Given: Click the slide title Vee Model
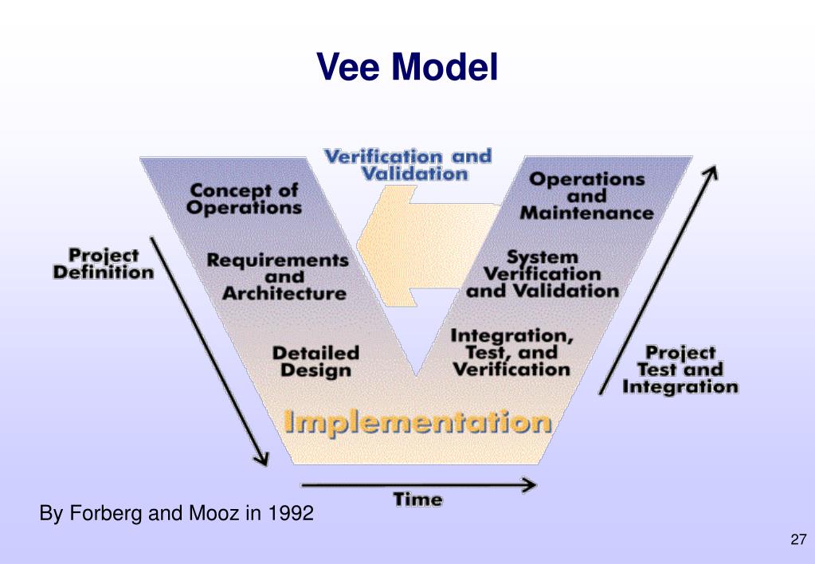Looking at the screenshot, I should coord(407,67).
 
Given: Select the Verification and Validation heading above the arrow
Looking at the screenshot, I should coord(407,164).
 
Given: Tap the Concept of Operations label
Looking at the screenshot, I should coord(244,199).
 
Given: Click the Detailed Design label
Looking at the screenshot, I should coord(315,361).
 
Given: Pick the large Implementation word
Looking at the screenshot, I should coord(417,421).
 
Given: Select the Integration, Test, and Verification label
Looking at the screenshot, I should coord(511,352).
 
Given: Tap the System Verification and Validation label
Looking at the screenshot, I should coord(543,274).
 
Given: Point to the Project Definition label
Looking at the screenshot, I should coord(103,264).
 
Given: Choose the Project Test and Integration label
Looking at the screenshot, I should coord(680,370).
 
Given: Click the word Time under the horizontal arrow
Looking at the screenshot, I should coord(417,500).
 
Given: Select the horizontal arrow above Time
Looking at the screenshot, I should coord(417,484).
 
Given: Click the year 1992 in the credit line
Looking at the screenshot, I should coord(290,514).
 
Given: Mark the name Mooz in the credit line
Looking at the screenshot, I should coord(213,514).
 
